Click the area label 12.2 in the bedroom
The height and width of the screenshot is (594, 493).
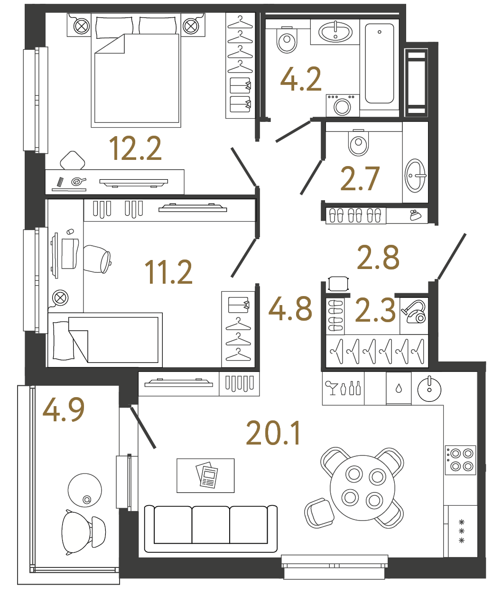pos(135,148)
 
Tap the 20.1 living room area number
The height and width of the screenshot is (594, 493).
pos(273,434)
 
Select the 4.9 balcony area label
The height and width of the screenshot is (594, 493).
pos(64,410)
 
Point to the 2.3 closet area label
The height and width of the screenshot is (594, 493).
pos(375,311)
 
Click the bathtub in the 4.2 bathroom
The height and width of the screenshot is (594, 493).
pos(379,64)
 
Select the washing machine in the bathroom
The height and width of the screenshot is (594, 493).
pos(342,105)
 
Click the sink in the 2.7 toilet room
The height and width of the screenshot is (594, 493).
pos(415,176)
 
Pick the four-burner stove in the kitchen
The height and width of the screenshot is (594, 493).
pos(460,460)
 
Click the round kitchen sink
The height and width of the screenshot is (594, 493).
pos(429,390)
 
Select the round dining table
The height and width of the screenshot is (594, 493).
pos(363,488)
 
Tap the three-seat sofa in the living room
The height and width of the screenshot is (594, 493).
pos(211,528)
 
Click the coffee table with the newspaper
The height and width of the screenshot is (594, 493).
pos(205,475)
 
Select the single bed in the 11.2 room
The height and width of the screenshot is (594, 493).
pos(105,340)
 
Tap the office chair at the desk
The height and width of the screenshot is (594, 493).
pos(98,259)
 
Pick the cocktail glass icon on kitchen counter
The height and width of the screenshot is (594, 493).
pos(331,387)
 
